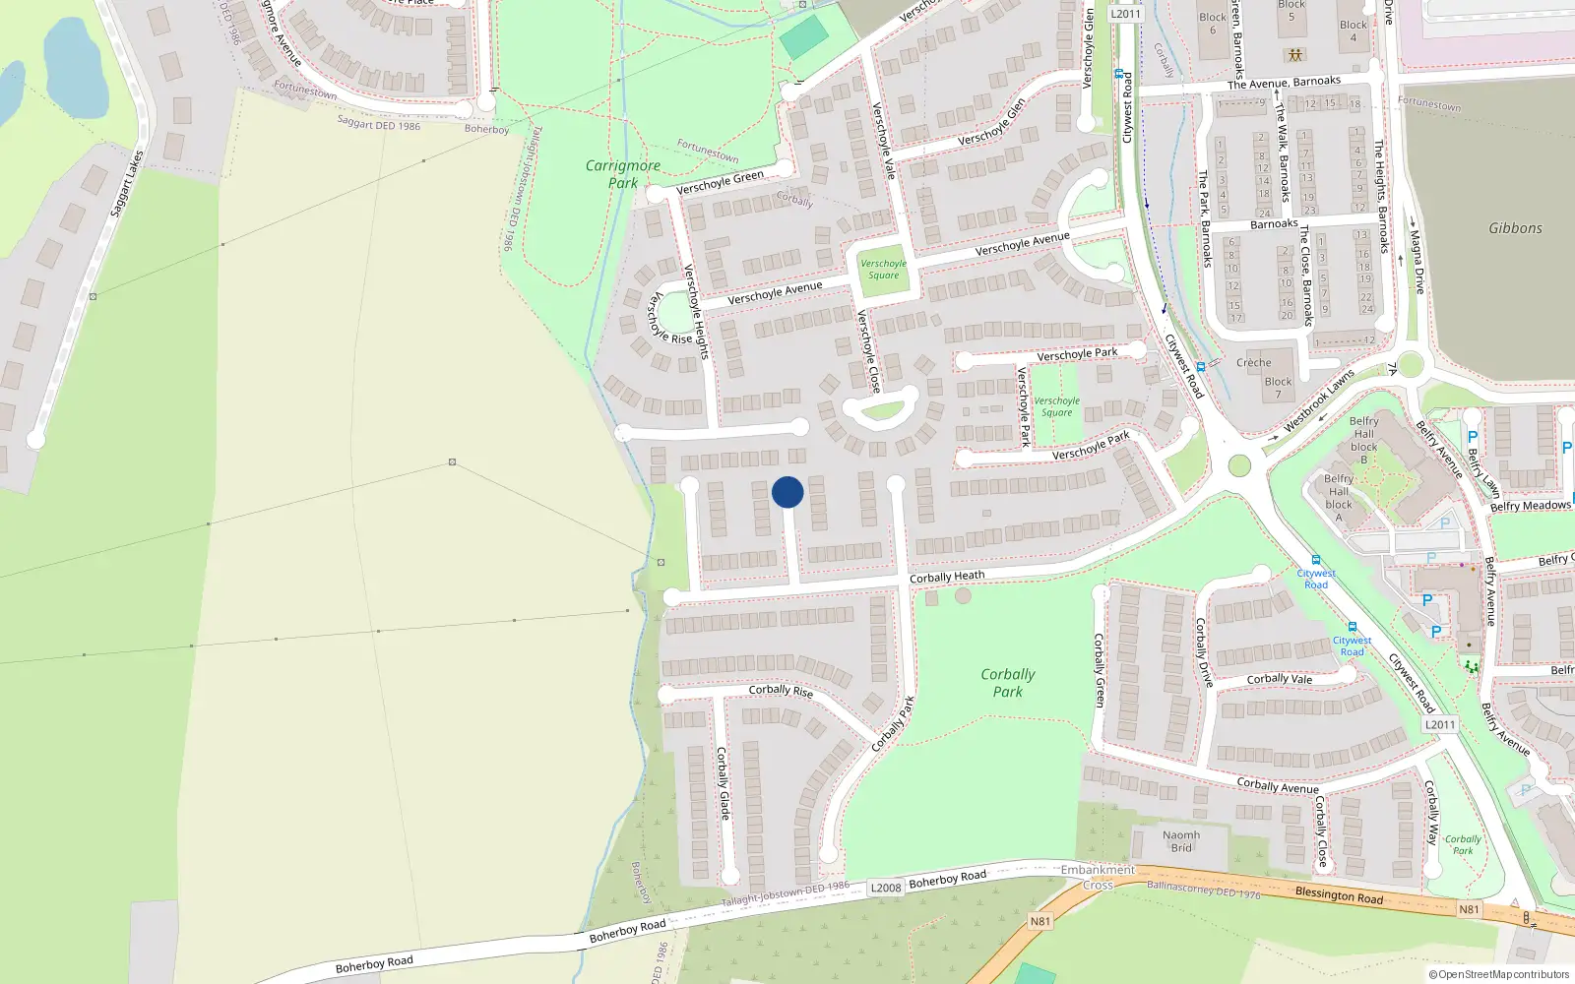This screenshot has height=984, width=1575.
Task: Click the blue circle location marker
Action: (x=787, y=492)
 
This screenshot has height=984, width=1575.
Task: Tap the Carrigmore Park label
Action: (x=622, y=174)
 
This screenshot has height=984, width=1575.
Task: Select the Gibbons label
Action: (x=1515, y=228)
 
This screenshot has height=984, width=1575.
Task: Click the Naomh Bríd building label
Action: (x=1181, y=841)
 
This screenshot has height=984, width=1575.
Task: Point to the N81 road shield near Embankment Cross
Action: (x=1040, y=921)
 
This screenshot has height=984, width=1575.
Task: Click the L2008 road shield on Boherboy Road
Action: (x=886, y=888)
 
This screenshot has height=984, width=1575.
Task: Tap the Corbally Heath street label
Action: (x=946, y=577)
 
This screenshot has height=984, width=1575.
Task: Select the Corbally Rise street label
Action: (x=781, y=690)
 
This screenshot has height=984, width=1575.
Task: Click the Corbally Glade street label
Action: (x=724, y=783)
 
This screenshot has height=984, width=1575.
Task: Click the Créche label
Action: (x=1254, y=362)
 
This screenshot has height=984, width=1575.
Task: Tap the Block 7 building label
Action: (x=1278, y=388)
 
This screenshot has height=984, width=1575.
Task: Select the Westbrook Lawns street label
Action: (x=1319, y=401)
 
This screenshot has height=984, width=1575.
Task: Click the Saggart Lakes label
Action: (x=127, y=184)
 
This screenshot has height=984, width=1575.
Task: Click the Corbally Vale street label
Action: (x=1279, y=679)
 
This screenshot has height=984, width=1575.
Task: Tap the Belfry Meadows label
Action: (x=1530, y=506)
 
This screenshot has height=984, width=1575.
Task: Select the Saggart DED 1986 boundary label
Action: (x=378, y=123)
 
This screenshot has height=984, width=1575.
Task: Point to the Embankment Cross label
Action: (x=1098, y=877)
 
